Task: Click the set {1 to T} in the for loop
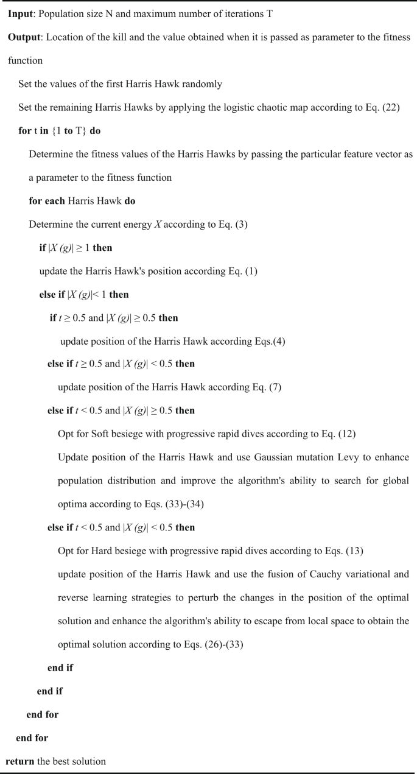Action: pyautogui.click(x=69, y=132)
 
